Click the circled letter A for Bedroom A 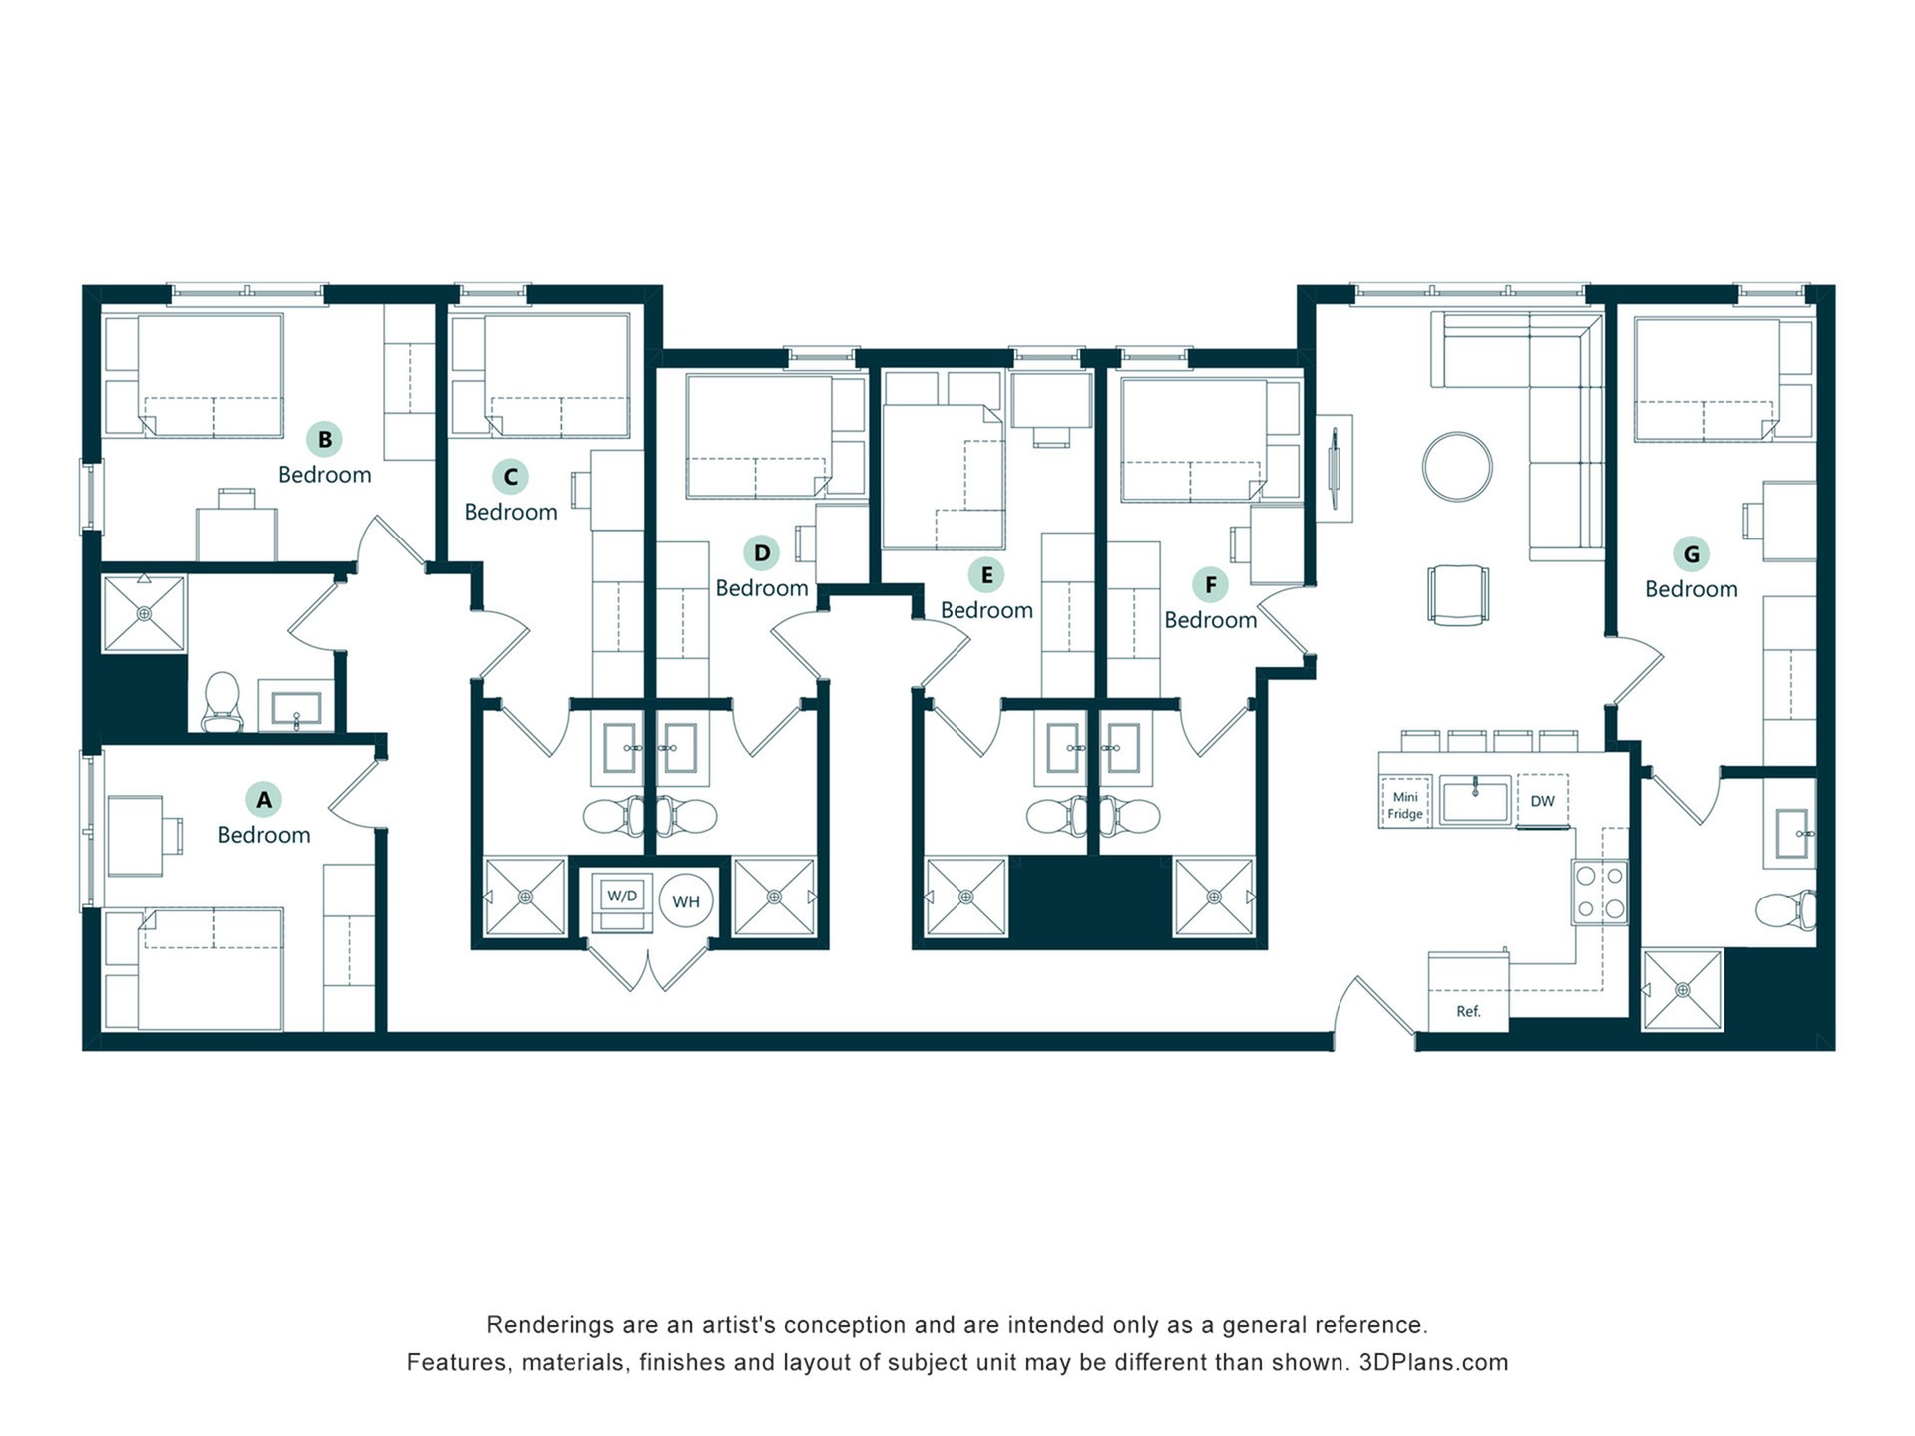(264, 799)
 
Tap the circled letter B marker (325, 439)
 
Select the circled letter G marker (1692, 554)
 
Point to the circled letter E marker (986, 575)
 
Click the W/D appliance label (622, 896)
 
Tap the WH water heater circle (686, 901)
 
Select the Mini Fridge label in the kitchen (1405, 805)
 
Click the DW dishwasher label (1542, 801)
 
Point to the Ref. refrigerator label (1468, 1011)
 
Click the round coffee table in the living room (1457, 467)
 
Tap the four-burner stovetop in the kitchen (1600, 893)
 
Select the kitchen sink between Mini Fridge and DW (1475, 801)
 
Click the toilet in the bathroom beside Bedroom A (222, 701)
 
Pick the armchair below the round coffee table (1457, 595)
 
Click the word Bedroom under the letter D (762, 588)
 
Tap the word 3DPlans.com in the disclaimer (1433, 1362)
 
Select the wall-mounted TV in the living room (1335, 469)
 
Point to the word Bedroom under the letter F (1211, 620)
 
